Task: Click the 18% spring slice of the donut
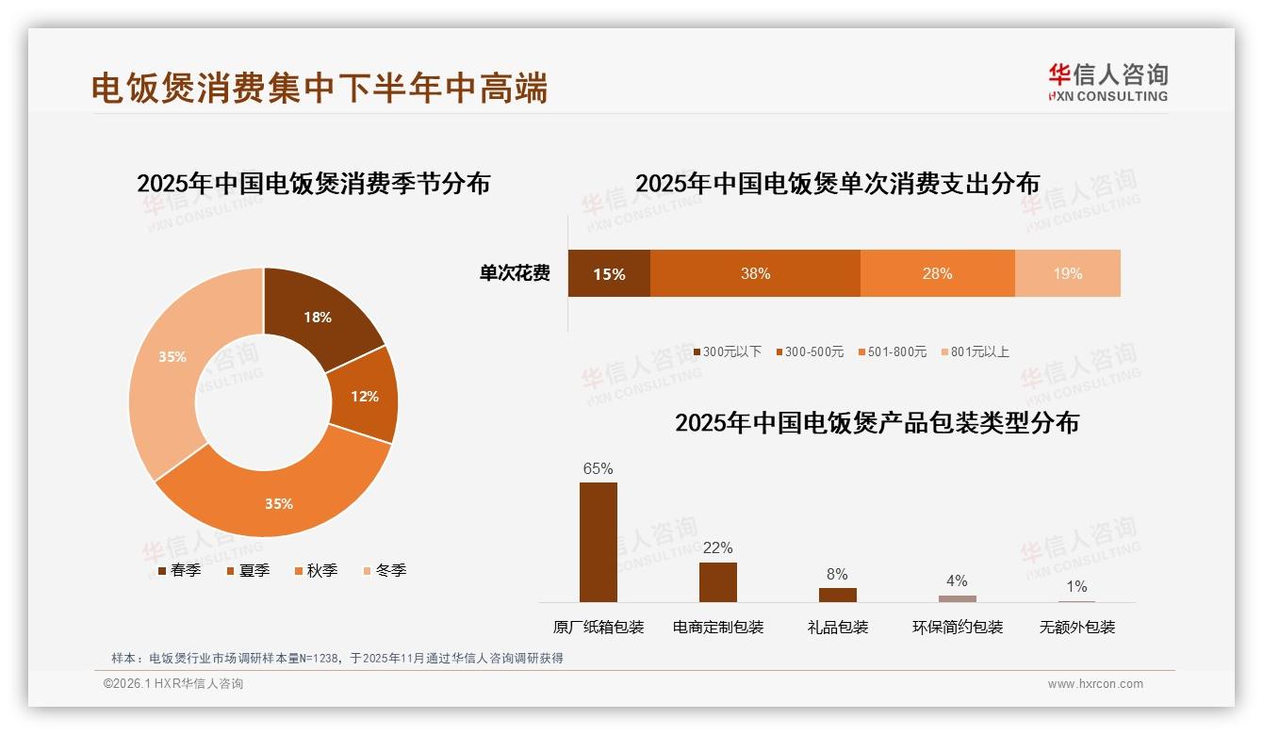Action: [317, 317]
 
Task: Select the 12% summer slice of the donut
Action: [364, 396]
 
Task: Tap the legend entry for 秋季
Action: [316, 570]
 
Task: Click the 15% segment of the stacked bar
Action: [609, 273]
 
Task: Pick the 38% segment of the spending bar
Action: [755, 273]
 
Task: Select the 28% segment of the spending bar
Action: [937, 273]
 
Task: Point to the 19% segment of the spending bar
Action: [1067, 273]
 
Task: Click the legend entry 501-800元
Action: [892, 351]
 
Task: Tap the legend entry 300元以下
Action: [727, 351]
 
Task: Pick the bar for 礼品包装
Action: [837, 595]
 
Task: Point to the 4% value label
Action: [957, 580]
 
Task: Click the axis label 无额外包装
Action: [1076, 627]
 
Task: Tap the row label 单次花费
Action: [515, 273]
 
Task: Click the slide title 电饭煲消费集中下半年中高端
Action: [320, 88]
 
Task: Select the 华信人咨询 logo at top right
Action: [1107, 82]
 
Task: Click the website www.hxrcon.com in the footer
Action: [1095, 684]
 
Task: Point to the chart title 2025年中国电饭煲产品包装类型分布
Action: [877, 422]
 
